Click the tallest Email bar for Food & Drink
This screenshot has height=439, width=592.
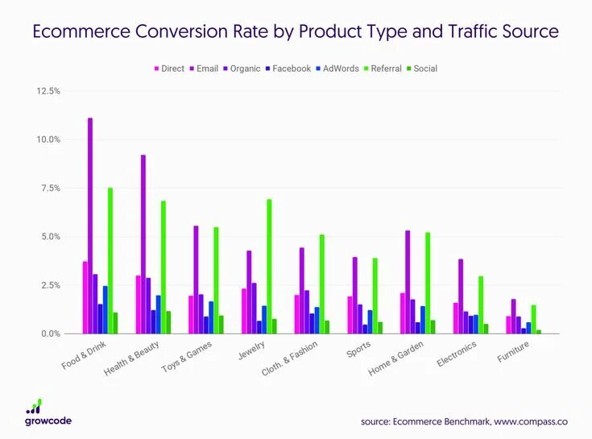click(x=90, y=226)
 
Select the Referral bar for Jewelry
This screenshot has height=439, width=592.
click(x=269, y=266)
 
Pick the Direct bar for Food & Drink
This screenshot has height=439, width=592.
click(x=85, y=297)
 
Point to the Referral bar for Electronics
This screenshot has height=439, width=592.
click(x=481, y=304)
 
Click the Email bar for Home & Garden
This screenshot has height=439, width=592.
click(x=408, y=282)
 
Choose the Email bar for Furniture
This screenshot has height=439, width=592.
click(x=514, y=317)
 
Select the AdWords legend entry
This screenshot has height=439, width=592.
click(x=341, y=68)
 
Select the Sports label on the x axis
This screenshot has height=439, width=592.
click(x=359, y=352)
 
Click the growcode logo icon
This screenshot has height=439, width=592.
click(x=34, y=405)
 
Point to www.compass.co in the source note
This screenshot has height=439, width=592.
click(x=532, y=420)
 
